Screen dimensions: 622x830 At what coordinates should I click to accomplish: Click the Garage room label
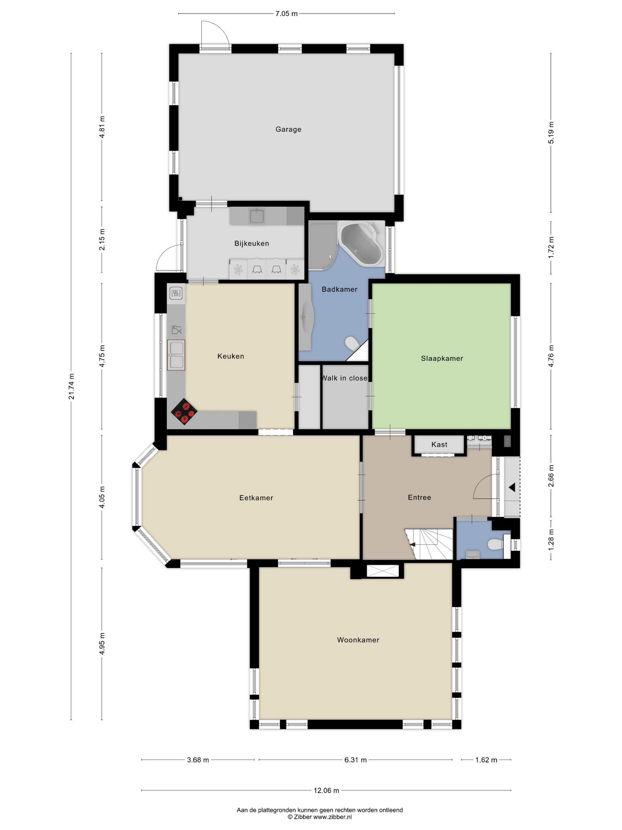click(288, 129)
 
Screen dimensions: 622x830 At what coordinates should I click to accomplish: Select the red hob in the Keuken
click(184, 412)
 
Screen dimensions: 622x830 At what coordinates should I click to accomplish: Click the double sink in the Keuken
click(176, 355)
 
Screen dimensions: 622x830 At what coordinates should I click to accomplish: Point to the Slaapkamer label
click(442, 358)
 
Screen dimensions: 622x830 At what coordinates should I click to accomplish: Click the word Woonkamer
click(358, 640)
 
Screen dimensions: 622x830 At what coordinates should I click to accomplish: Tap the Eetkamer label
click(256, 498)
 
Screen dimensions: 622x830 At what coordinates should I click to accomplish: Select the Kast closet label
click(439, 445)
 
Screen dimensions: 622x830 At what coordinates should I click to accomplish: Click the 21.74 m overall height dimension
click(71, 387)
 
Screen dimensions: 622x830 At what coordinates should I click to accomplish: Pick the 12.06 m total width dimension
click(326, 790)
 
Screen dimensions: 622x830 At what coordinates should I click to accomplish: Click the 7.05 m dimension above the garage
click(286, 14)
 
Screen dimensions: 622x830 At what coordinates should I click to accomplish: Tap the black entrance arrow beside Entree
click(512, 487)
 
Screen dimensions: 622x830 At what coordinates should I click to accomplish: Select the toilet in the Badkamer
click(352, 344)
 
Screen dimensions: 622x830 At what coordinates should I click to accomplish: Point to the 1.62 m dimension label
click(486, 760)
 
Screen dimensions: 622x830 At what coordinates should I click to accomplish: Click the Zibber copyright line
click(320, 817)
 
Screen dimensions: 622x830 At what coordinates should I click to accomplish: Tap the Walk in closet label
click(345, 378)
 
